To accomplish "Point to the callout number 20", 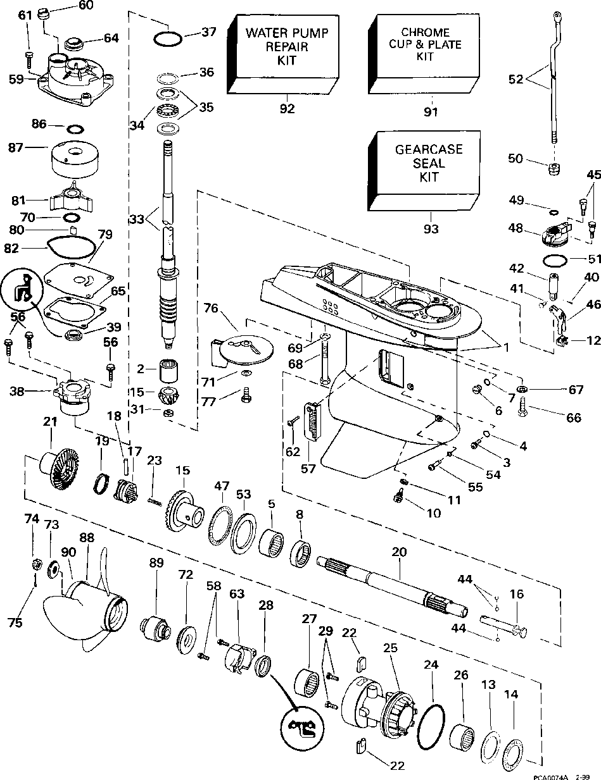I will [x=399, y=552].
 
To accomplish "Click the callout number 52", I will [x=516, y=79].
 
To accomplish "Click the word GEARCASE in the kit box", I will [x=429, y=150].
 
